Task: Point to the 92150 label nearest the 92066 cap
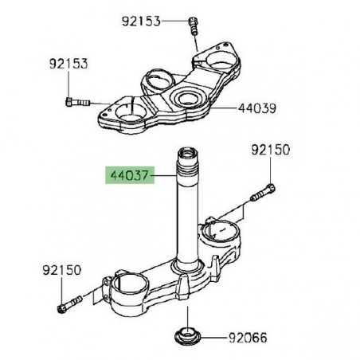pos(61,272)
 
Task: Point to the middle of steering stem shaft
pos(188,231)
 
